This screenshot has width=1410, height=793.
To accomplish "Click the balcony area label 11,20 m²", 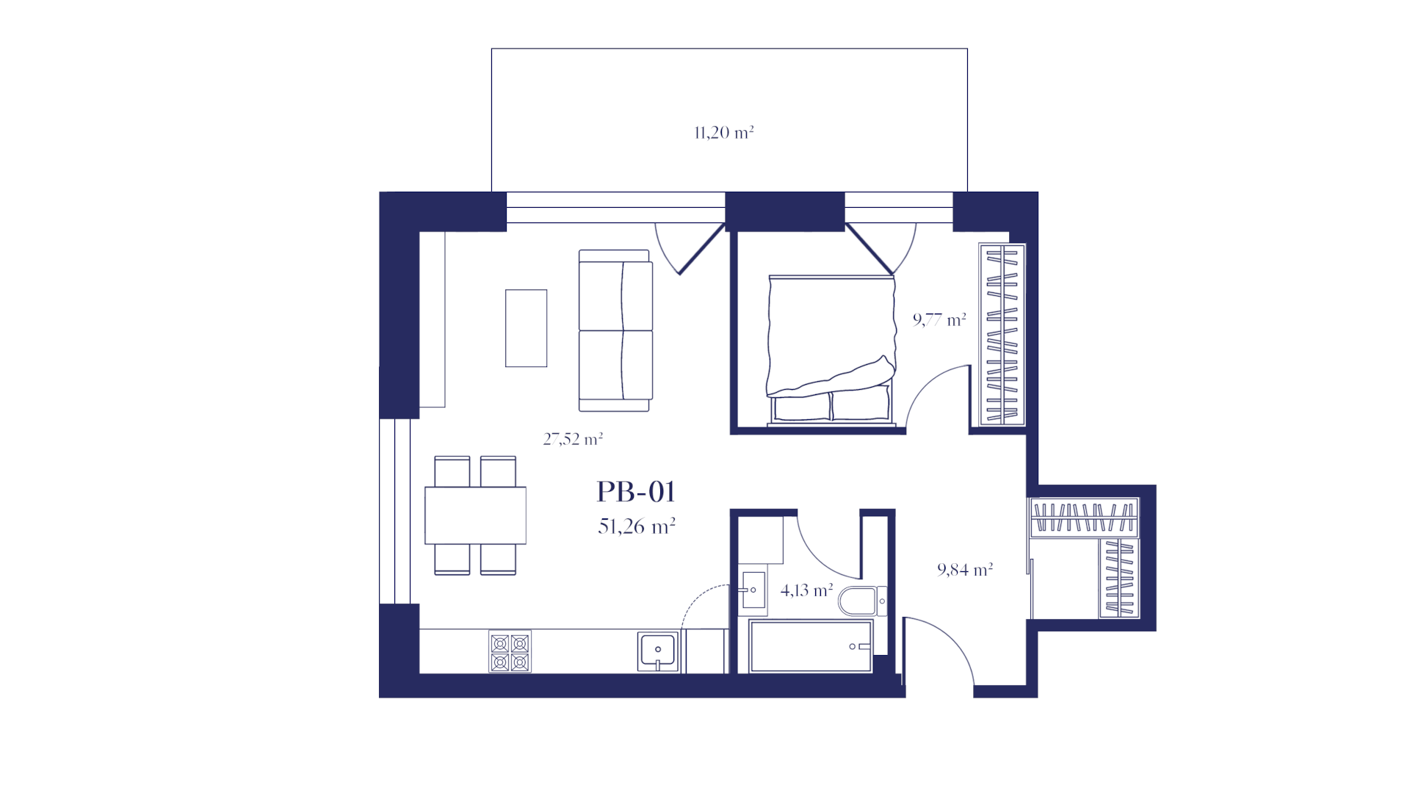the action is [x=724, y=133].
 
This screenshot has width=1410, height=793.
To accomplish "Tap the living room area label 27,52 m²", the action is [x=573, y=439].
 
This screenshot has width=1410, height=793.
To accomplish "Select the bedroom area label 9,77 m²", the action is [x=939, y=319].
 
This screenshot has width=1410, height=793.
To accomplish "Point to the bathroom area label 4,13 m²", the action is [x=806, y=590].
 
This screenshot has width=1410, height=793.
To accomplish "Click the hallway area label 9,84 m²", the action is [x=965, y=569].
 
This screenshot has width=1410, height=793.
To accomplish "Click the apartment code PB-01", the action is [x=636, y=491].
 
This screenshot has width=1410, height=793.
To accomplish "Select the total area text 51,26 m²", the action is [x=637, y=526].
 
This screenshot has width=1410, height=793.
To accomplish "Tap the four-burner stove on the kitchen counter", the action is [x=510, y=652].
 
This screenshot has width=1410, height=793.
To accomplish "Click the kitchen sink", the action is [x=658, y=651].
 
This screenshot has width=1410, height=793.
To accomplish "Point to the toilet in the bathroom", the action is [x=862, y=601].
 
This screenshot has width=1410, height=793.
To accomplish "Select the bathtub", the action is [x=811, y=646].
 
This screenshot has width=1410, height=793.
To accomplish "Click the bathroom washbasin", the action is [x=753, y=590].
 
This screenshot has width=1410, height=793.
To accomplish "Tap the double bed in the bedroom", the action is [x=831, y=351].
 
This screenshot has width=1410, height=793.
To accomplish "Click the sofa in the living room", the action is [x=615, y=330].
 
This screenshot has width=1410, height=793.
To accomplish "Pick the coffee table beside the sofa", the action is [x=526, y=328].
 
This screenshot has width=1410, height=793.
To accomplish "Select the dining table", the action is [x=475, y=515].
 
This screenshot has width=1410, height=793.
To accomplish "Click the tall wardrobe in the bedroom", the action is [x=1002, y=335].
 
